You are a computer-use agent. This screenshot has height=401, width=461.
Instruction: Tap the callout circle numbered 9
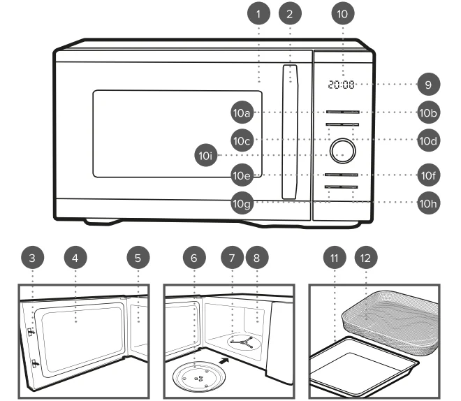point(429,85)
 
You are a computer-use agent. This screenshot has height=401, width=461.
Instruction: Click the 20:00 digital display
point(341,85)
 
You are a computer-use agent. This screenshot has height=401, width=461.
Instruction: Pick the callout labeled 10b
point(429,112)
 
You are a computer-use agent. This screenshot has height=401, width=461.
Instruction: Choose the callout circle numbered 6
point(194,258)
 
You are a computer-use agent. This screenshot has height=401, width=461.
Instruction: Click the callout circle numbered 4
point(78,258)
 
